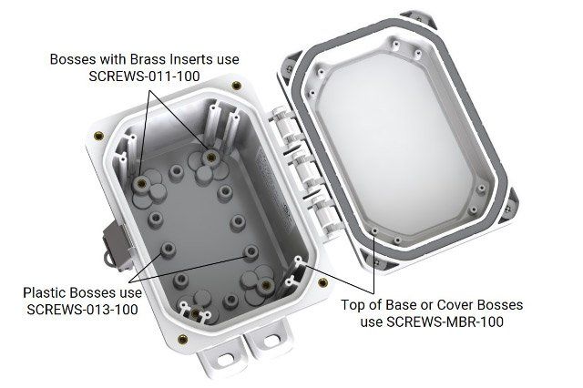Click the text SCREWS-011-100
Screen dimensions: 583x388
144,77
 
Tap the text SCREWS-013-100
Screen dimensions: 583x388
82,309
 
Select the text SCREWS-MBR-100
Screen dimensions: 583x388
432,322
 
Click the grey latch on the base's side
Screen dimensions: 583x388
117,245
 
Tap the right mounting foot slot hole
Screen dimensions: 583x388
272,340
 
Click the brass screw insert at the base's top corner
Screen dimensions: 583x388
236,86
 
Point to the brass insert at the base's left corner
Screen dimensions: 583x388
98,136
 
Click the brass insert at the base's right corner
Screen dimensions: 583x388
323,283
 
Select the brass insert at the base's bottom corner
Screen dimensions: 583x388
182,339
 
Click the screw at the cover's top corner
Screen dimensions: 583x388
419,19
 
